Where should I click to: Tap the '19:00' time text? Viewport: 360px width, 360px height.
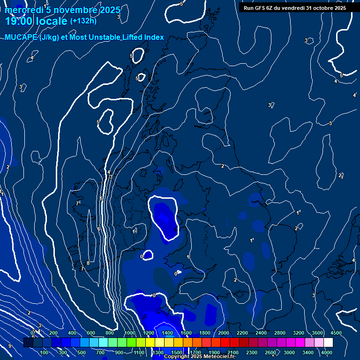22,21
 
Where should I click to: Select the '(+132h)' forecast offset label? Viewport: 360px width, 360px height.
83,21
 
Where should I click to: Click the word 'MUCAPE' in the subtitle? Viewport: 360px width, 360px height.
21,37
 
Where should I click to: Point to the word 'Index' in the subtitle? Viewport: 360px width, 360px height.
153,37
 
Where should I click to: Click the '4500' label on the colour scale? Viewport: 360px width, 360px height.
336,333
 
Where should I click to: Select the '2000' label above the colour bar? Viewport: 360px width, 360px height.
224,333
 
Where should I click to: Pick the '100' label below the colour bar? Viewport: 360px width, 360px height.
44,352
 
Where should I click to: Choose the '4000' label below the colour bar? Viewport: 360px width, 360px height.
327,352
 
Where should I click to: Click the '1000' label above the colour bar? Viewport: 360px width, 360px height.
130,333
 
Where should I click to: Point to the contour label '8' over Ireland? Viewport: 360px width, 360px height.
88,263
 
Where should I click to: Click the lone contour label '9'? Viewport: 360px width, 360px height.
9,346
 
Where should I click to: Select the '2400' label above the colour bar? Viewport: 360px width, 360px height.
261,333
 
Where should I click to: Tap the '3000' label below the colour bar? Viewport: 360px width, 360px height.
289,352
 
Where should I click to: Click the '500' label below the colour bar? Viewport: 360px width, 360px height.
82,352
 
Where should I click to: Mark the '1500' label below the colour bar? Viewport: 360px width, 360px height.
177,352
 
